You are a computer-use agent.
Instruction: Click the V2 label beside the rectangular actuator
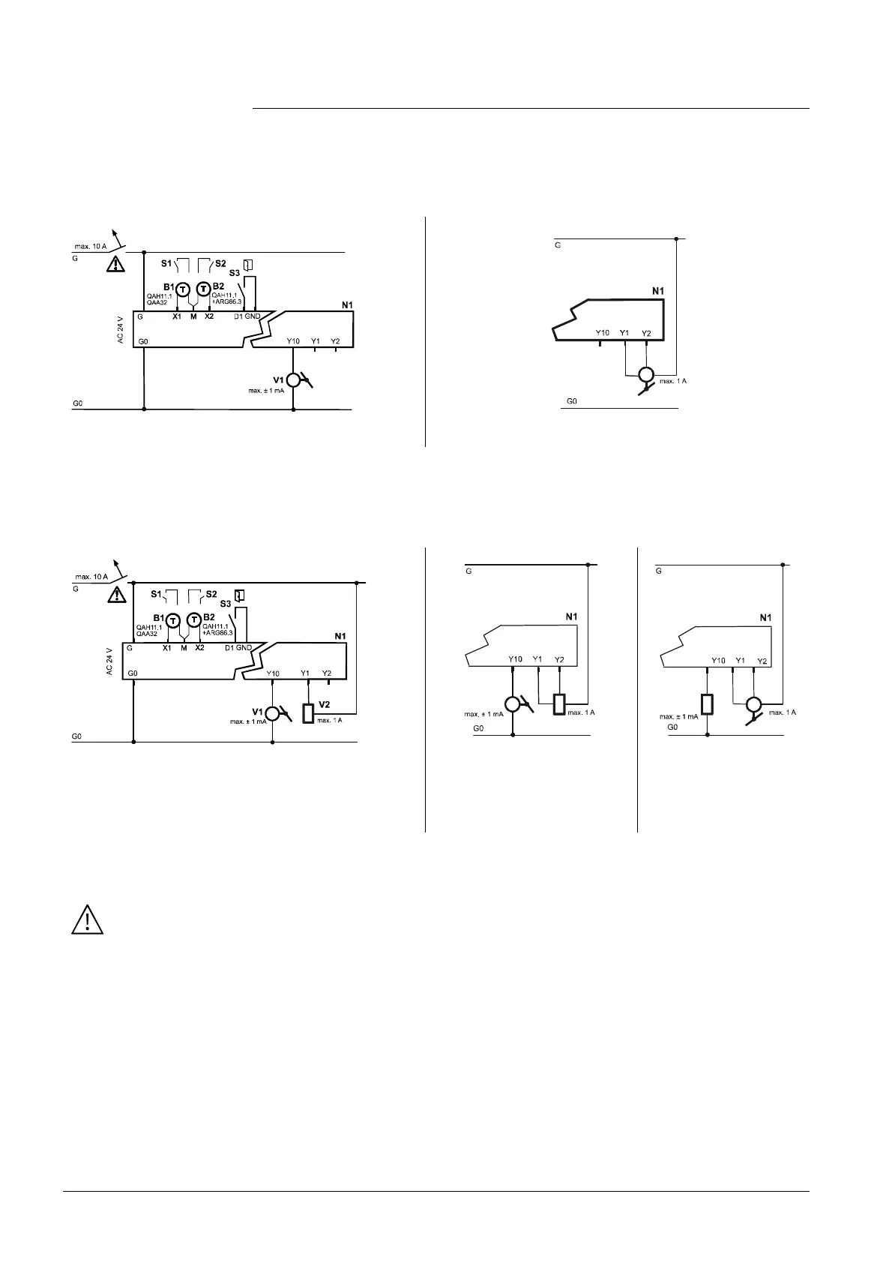(x=325, y=704)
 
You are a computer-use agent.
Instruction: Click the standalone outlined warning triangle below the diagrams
(x=87, y=919)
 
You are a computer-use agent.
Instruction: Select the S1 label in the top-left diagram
(x=166, y=263)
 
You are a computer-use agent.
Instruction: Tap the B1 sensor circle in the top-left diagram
(x=182, y=289)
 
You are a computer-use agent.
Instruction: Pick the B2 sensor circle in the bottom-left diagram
(x=194, y=619)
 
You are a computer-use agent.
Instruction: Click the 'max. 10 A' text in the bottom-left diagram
(x=91, y=577)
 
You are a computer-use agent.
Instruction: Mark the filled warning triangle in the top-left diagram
(x=115, y=264)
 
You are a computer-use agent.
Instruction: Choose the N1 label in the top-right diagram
(x=658, y=290)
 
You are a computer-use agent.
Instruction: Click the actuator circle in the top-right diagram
(x=645, y=375)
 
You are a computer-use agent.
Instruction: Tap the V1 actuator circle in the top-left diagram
(x=293, y=379)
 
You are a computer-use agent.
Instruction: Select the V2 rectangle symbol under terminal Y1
(x=308, y=712)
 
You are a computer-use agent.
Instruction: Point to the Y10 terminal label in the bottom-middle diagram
(x=515, y=659)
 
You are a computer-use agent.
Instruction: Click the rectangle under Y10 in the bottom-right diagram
(x=708, y=705)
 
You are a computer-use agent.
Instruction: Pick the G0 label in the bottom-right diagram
(x=672, y=727)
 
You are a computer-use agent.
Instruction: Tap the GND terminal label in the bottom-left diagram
(x=244, y=647)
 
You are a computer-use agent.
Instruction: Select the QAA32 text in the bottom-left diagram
(x=146, y=634)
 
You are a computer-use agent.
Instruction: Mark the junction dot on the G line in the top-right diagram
(x=676, y=239)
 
